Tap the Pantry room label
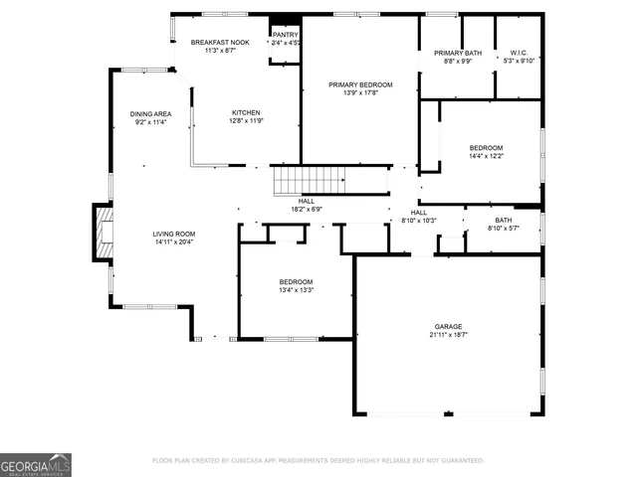click(x=285, y=35)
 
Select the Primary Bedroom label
click(x=360, y=85)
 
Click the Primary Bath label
click(x=458, y=53)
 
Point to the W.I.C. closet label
click(x=519, y=53)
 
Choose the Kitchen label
click(x=246, y=112)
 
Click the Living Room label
click(x=173, y=234)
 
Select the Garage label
click(x=448, y=326)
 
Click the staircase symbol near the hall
click(x=310, y=181)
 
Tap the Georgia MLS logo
click(x=36, y=464)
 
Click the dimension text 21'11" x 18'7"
click(x=448, y=335)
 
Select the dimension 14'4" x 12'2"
click(x=487, y=156)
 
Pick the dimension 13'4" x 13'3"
click(x=296, y=290)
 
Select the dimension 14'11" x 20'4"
click(x=173, y=242)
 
